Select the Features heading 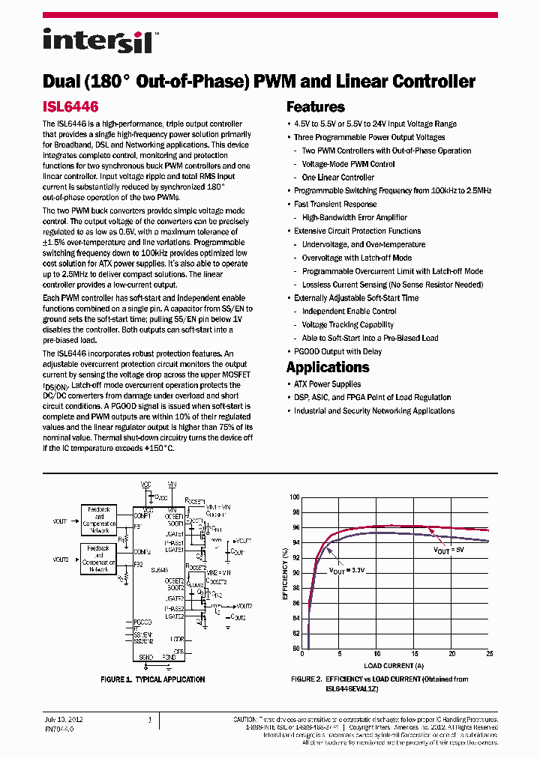[315, 107]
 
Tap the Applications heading [328, 367]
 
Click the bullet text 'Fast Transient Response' [335, 204]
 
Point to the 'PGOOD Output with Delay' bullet [337, 351]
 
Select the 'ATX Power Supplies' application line [327, 384]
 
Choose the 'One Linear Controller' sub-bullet [337, 178]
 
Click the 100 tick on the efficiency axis [294, 497]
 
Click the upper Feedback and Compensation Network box [99, 518]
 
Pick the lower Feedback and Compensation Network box [99, 560]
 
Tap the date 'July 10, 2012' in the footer [64, 720]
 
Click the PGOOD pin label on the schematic [142, 622]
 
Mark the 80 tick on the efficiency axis [295, 649]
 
